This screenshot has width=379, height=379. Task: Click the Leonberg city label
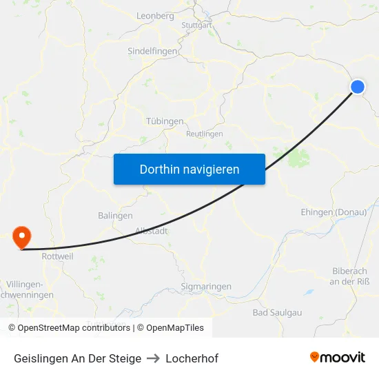click(x=156, y=15)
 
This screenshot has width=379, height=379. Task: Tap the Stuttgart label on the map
click(x=196, y=25)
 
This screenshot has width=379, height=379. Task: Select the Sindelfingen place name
click(x=153, y=51)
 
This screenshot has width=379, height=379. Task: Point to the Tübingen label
click(x=165, y=121)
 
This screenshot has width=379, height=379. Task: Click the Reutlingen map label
click(x=205, y=134)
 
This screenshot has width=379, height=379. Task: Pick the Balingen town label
click(x=115, y=216)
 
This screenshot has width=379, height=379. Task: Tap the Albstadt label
click(x=152, y=231)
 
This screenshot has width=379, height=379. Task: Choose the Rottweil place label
click(x=58, y=256)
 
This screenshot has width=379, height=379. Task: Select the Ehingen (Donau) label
click(x=334, y=212)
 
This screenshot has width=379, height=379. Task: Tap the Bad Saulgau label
click(x=277, y=312)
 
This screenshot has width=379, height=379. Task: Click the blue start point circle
click(x=358, y=86)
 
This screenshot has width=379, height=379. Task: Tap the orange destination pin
click(x=22, y=236)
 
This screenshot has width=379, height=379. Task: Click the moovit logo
click(x=338, y=358)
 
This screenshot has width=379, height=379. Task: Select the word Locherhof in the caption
click(x=192, y=358)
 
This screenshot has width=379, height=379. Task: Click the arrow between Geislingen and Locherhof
click(x=154, y=358)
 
